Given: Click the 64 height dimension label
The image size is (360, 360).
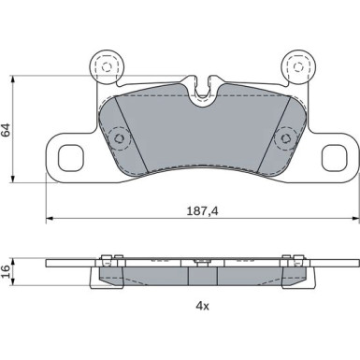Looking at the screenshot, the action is [x=6, y=130].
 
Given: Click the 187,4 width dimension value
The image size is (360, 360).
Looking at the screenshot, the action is [x=203, y=211].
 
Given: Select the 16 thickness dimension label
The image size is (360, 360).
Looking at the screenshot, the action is [x=6, y=271].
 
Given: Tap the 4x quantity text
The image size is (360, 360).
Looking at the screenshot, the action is [x=203, y=307].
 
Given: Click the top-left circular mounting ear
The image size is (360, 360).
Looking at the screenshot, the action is [x=107, y=66].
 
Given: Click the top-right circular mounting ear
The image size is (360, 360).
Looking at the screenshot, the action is [x=298, y=66].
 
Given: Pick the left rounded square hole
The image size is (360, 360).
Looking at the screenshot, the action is [x=71, y=157].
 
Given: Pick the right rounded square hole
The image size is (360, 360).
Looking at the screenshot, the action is [x=334, y=157].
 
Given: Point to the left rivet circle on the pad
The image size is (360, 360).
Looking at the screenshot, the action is [x=120, y=138].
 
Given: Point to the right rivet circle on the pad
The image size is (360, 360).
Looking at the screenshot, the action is [x=285, y=138].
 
